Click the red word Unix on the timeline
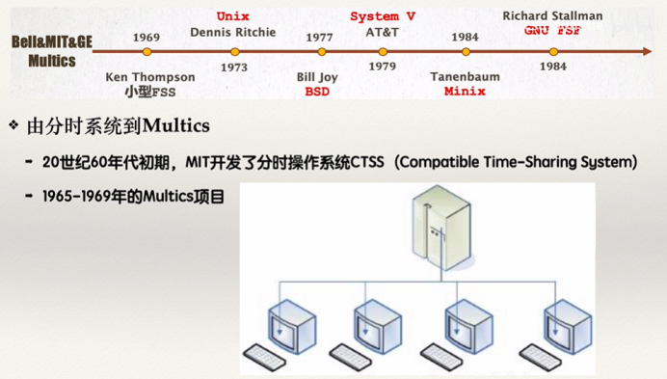coord(232,17)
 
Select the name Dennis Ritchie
coord(233,32)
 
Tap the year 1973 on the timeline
coord(233,68)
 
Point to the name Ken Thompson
coord(149,77)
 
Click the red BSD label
coord(317,92)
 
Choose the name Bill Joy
coord(318,77)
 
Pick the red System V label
coord(383,17)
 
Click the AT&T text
coord(382,32)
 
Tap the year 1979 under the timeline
coord(382,68)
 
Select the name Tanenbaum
coord(465,77)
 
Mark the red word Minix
coord(465,92)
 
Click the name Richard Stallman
coord(552,16)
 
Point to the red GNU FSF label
coord(552,31)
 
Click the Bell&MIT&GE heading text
coord(52,43)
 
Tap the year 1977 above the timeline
coord(319,38)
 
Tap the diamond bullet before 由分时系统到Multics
coord(13,125)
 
